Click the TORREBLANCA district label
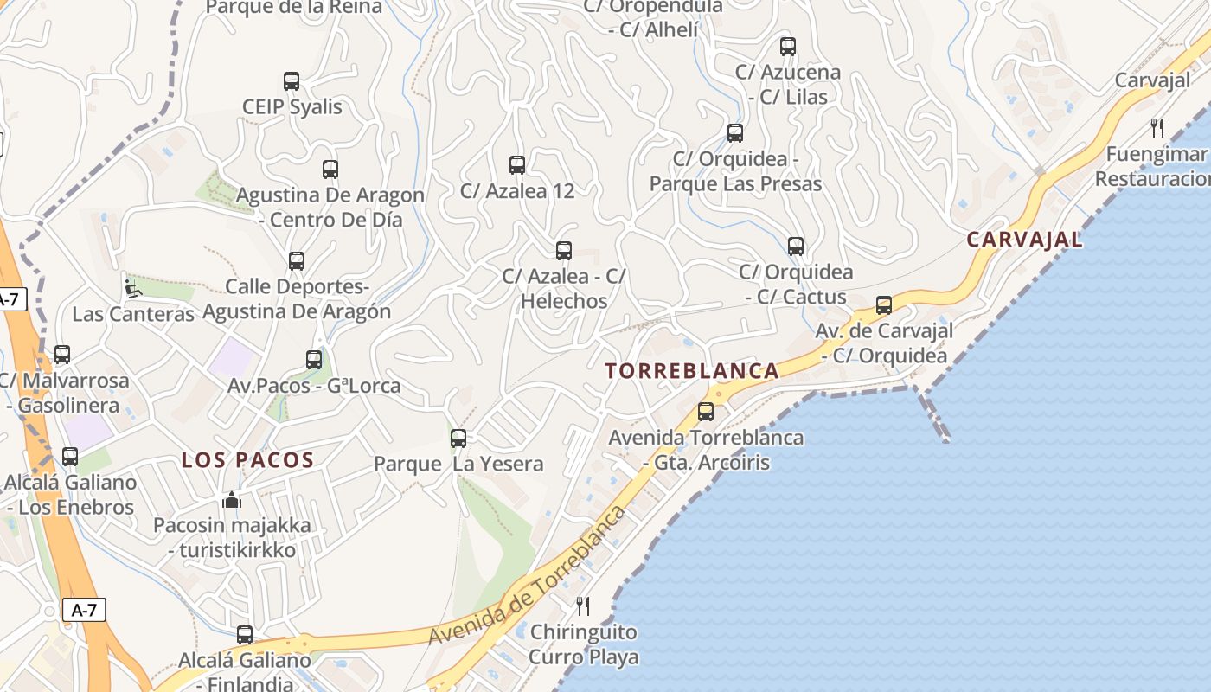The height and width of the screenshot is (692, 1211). [692, 371]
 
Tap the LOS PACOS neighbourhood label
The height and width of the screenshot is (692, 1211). [247, 460]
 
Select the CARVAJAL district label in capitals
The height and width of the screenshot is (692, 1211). [1024, 240]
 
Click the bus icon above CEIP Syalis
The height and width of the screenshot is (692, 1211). [292, 81]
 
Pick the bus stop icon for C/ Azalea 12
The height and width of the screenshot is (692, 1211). [517, 164]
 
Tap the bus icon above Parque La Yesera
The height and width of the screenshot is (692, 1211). [458, 438]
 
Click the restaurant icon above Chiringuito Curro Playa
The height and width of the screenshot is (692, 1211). [583, 605]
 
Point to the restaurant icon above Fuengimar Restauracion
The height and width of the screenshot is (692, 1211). [1157, 128]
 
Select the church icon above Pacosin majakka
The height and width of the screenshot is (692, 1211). [231, 500]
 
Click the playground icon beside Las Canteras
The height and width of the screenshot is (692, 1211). [132, 288]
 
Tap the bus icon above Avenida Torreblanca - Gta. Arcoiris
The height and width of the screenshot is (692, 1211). [706, 411]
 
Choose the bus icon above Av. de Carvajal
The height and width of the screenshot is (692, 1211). [883, 304]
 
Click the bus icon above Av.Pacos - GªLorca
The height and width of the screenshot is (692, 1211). [314, 359]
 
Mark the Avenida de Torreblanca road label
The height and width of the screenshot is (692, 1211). [528, 575]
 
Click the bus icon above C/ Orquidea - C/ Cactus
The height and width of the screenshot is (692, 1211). [796, 246]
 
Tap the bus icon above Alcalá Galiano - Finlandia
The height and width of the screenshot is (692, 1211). [245, 634]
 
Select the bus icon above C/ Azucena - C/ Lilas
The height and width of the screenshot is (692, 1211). [787, 46]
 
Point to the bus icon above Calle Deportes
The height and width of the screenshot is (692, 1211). [297, 259]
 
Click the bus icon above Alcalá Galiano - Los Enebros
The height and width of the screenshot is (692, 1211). [70, 456]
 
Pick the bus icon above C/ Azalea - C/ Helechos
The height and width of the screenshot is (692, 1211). [564, 250]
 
